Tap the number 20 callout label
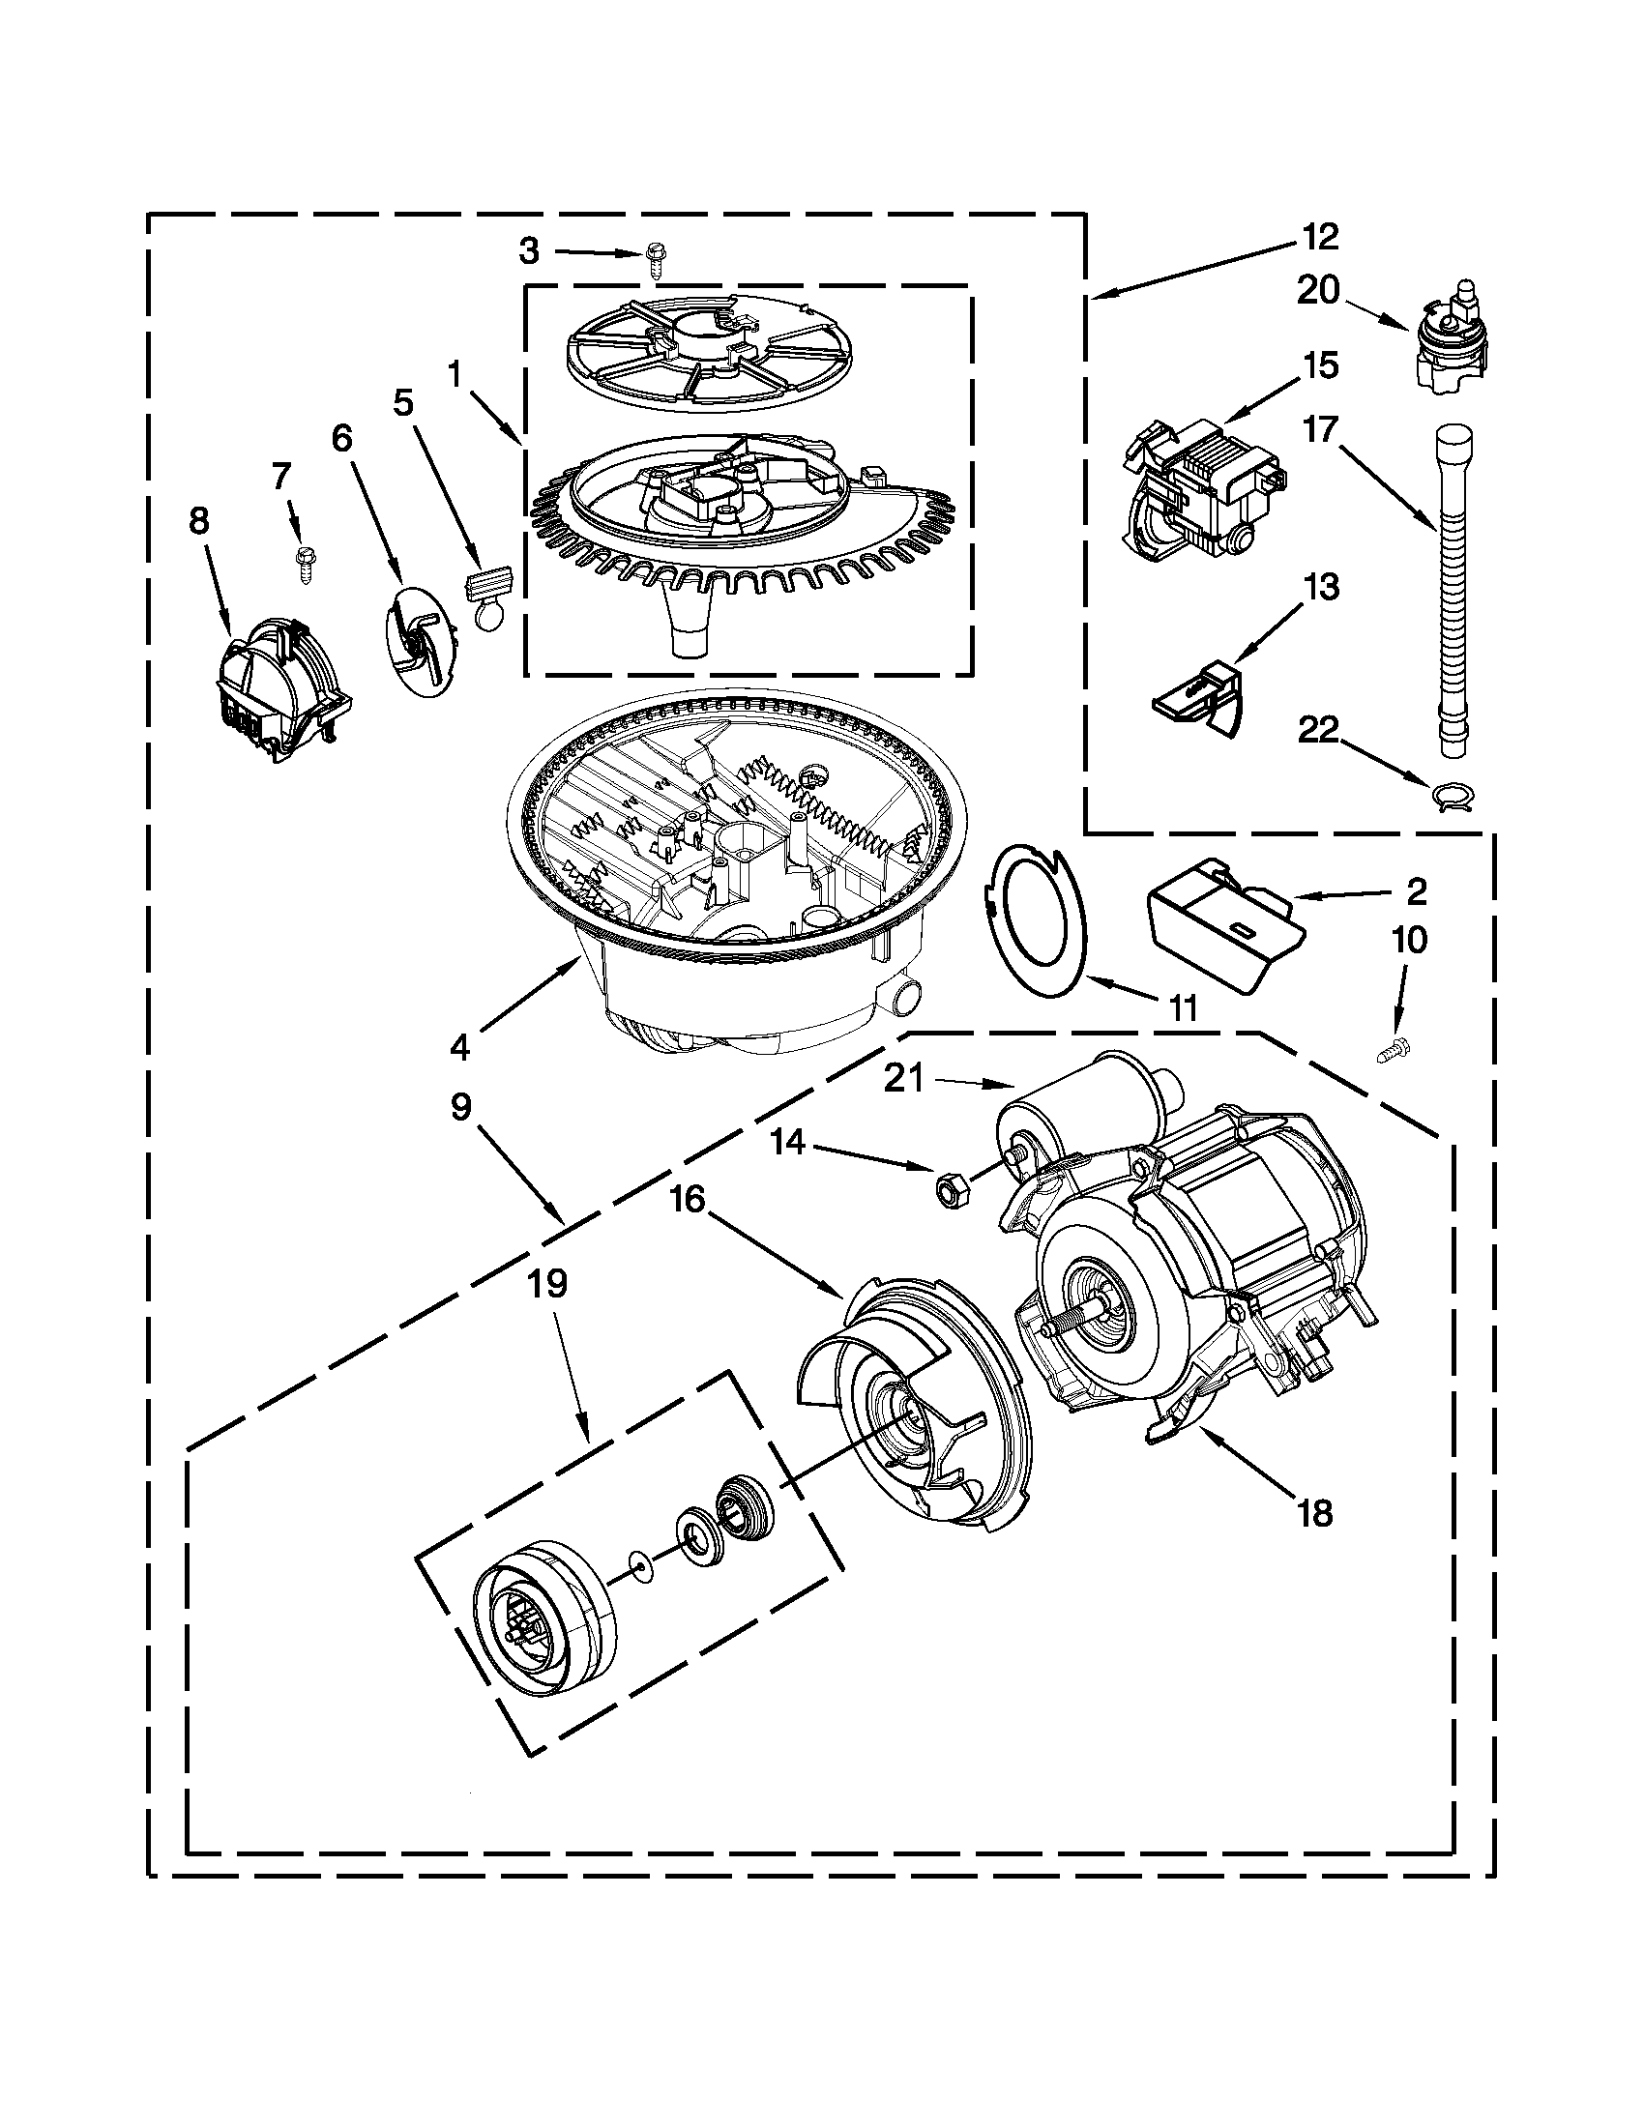tap(1317, 290)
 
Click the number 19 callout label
tap(547, 1283)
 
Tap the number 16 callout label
tap(688, 1199)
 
